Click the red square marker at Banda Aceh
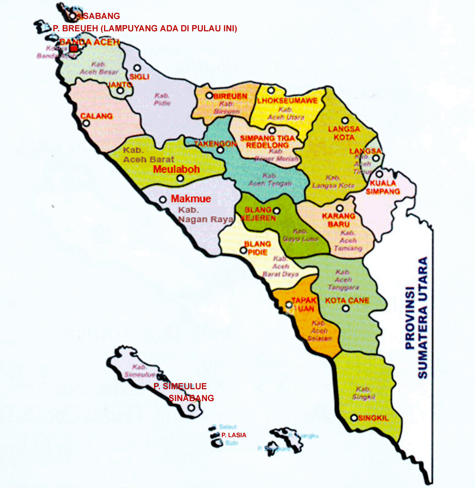pyautogui.click(x=74, y=48)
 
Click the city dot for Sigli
pyautogui.click(x=137, y=68)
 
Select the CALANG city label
pyautogui.click(x=96, y=116)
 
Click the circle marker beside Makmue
pyautogui.click(x=162, y=200)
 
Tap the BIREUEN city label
pyautogui.click(x=230, y=96)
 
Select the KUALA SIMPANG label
pyautogui.click(x=385, y=188)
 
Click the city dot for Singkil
pyautogui.click(x=354, y=418)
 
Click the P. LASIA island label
pyautogui.click(x=234, y=435)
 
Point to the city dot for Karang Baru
pyautogui.click(x=340, y=208)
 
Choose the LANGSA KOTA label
pyautogui.click(x=344, y=133)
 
